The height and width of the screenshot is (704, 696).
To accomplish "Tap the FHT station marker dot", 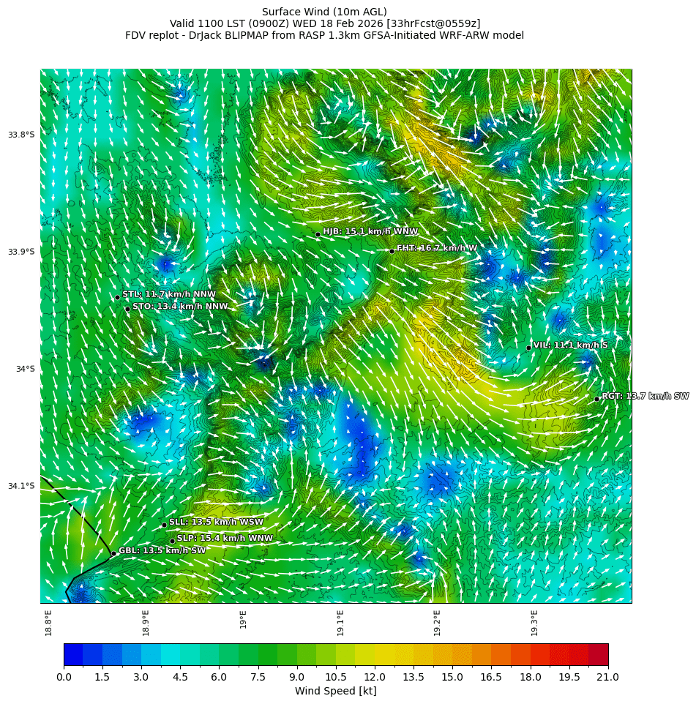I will point(392,251).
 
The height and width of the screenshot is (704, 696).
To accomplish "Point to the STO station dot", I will point(127,309).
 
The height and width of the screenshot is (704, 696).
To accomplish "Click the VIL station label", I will point(570,345).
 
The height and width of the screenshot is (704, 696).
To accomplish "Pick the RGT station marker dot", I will point(597,399).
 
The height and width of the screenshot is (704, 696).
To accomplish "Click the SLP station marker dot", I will point(173,542).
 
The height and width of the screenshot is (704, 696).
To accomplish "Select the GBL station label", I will point(162,550).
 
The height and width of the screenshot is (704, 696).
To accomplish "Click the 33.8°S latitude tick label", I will point(21,135).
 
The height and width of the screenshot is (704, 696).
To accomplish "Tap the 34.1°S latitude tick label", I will point(21,486).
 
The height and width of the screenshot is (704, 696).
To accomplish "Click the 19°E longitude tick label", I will point(243,619).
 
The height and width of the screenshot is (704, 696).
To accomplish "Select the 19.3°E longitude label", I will point(534,622).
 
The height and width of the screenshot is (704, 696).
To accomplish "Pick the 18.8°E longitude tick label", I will point(48,622).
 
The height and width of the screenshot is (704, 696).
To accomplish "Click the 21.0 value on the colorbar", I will point(608,678).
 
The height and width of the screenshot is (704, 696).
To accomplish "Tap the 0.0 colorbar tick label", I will point(64,678).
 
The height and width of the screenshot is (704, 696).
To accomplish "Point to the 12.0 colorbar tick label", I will point(375,678).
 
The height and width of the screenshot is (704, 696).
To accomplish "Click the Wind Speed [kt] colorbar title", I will point(336,692).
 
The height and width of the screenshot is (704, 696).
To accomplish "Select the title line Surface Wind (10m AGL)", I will point(324,12).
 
